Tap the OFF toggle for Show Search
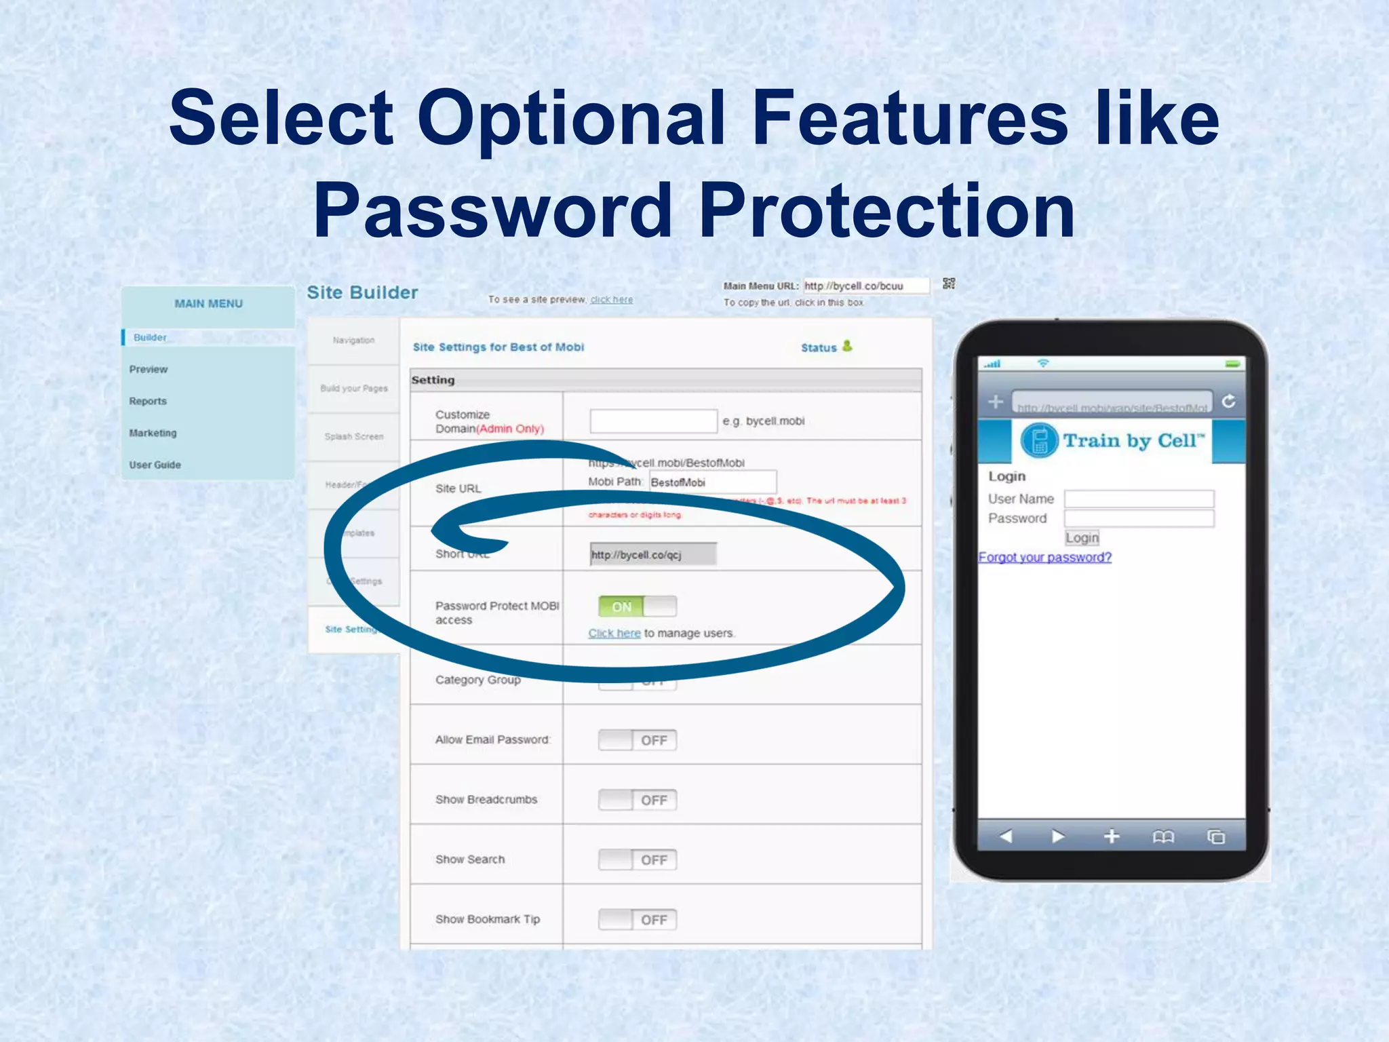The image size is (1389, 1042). (x=637, y=860)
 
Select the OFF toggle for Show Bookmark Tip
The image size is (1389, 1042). (x=637, y=919)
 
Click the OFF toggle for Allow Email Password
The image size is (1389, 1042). (x=637, y=740)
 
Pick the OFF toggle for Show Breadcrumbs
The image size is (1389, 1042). (x=637, y=800)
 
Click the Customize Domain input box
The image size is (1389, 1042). (x=653, y=421)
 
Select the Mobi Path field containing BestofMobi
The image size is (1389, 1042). (x=712, y=482)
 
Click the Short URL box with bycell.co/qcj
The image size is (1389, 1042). (x=652, y=554)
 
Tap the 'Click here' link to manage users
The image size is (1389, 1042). (x=614, y=633)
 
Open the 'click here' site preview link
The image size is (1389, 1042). (x=611, y=299)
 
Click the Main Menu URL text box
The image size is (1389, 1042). (x=865, y=286)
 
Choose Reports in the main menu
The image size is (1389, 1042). (x=148, y=401)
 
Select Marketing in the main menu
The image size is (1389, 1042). (x=153, y=433)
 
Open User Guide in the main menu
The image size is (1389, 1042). (x=155, y=465)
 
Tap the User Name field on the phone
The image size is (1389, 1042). (x=1139, y=499)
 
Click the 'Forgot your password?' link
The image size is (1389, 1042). (x=1044, y=557)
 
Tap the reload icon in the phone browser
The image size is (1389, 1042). (x=1228, y=402)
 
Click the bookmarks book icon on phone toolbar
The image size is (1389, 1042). (x=1163, y=837)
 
